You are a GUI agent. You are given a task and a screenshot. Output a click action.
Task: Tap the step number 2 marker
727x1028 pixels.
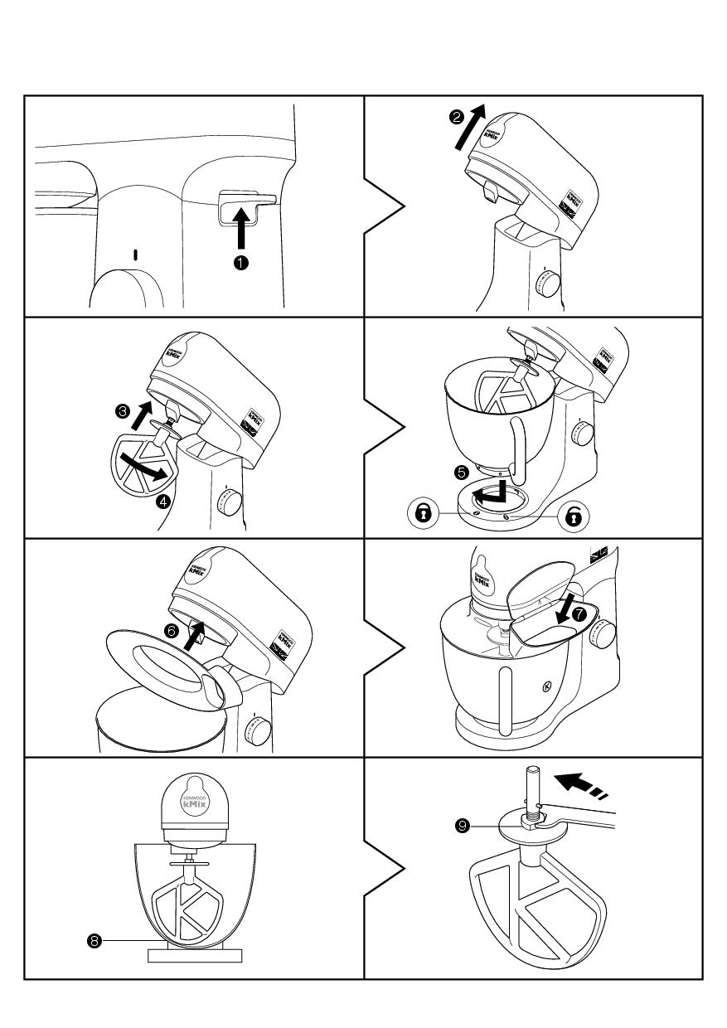(x=456, y=119)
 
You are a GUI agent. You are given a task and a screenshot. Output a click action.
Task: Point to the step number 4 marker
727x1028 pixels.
(x=163, y=501)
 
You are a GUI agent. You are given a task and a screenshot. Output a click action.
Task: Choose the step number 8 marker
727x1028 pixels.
(x=95, y=940)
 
